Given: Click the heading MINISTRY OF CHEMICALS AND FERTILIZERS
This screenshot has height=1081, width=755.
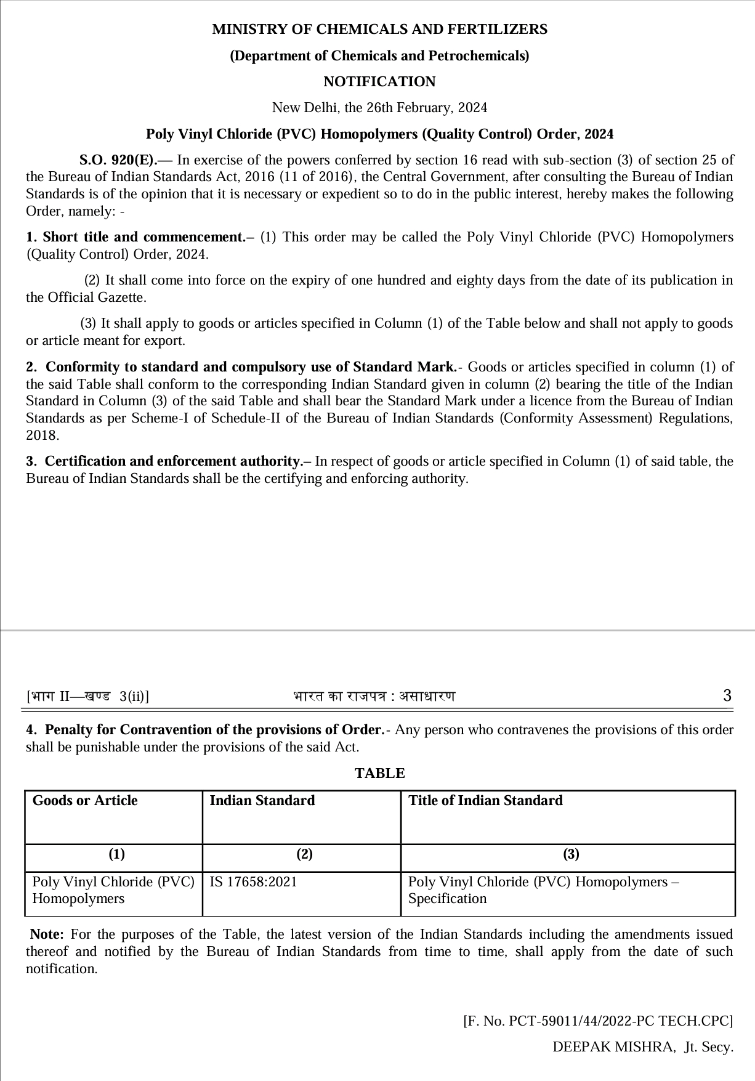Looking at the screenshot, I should [379, 30].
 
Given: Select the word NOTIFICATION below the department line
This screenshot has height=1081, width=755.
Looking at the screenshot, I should [379, 82].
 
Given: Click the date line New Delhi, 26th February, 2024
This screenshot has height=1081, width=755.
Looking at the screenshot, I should [379, 108].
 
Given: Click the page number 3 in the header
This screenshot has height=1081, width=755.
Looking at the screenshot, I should [727, 696].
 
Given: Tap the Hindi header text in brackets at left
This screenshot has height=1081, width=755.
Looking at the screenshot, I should [87, 697].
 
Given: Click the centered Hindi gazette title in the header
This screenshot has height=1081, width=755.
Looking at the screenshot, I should [374, 697].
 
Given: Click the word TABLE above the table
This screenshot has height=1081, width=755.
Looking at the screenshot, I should [379, 774].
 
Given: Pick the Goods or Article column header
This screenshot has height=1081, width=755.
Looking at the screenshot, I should [85, 801].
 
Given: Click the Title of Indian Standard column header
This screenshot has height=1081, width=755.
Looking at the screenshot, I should [485, 801].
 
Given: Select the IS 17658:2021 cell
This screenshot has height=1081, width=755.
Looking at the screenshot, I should [253, 882].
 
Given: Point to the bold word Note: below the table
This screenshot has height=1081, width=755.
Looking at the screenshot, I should [47, 934].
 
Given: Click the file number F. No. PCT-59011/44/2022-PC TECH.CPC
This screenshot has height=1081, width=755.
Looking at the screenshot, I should [598, 1021].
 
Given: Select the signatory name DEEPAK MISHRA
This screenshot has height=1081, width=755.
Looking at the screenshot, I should [613, 1047].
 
